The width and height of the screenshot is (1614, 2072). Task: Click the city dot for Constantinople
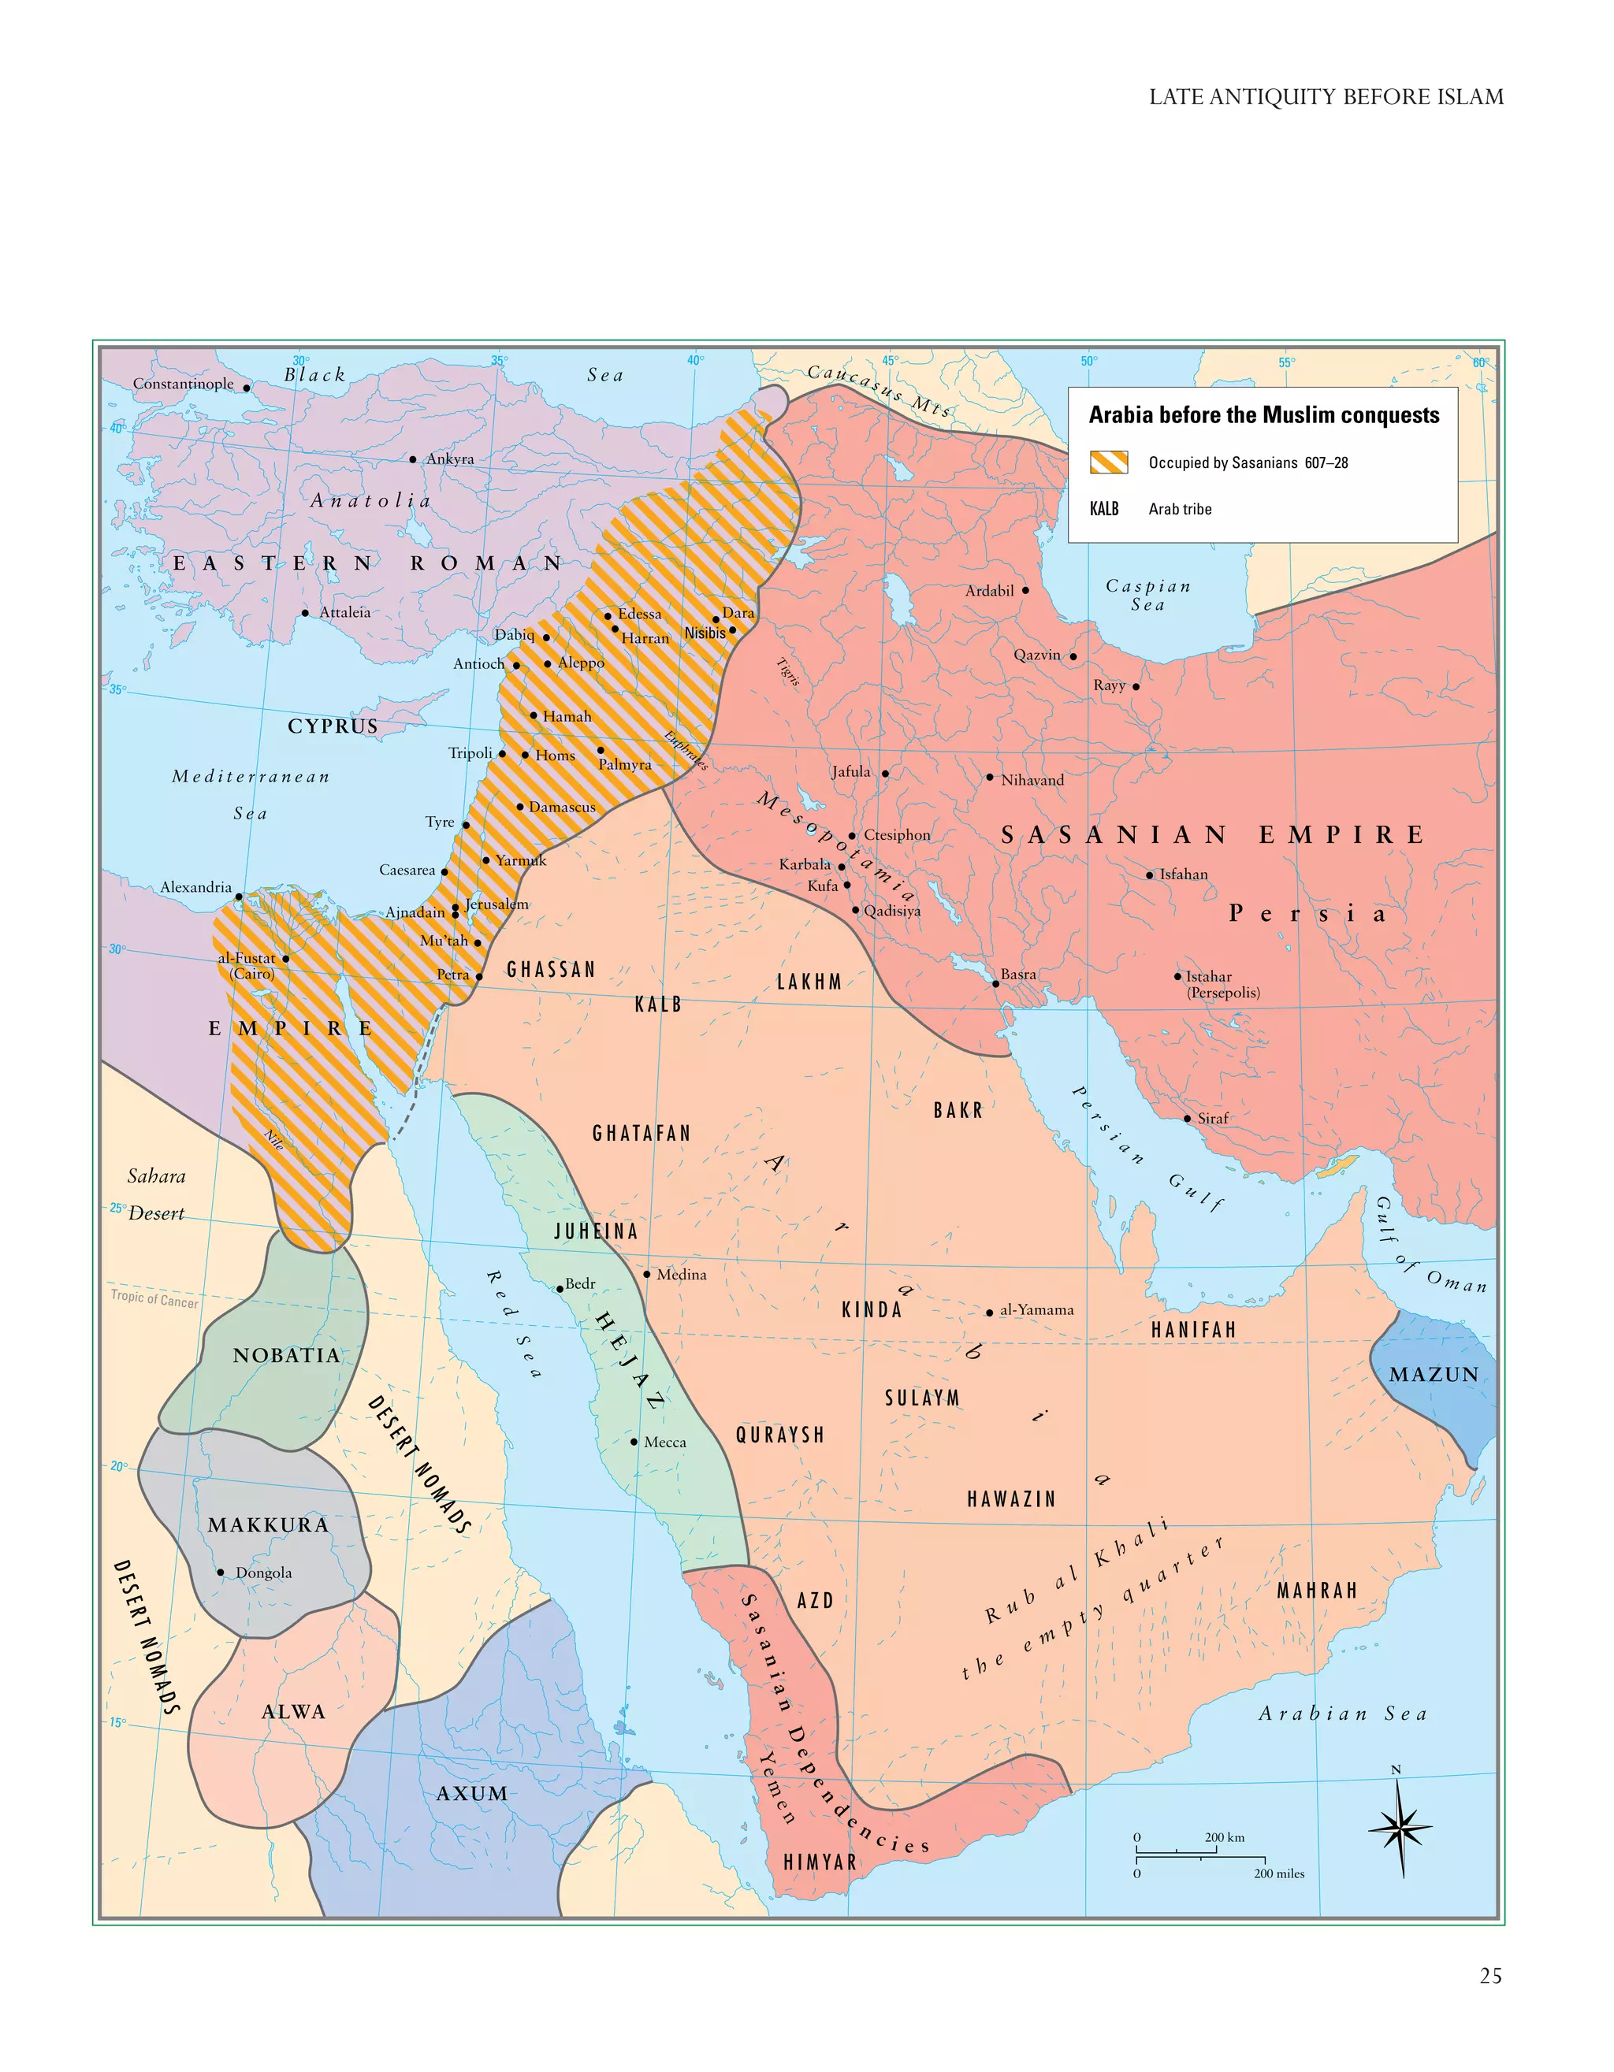[247, 387]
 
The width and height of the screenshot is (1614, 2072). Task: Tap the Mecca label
[664, 1442]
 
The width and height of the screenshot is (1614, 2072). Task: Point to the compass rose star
[1400, 1827]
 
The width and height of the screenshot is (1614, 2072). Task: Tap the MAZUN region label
[1433, 1375]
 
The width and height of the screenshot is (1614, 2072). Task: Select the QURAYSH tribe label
[780, 1435]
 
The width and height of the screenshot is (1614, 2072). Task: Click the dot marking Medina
[647, 1274]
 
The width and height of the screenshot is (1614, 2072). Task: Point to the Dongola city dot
[221, 1572]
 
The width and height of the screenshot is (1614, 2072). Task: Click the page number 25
[1489, 1975]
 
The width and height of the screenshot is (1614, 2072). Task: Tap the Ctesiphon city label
[897, 835]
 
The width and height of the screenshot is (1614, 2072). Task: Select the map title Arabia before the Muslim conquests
[1263, 414]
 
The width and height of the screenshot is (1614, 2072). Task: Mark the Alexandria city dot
[239, 896]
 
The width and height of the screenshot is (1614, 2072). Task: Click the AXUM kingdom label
[471, 1793]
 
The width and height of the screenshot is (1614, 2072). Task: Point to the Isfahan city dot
[1150, 874]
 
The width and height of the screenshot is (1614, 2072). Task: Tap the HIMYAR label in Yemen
[820, 1862]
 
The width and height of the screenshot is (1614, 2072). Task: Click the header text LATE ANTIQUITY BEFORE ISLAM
[1326, 97]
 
